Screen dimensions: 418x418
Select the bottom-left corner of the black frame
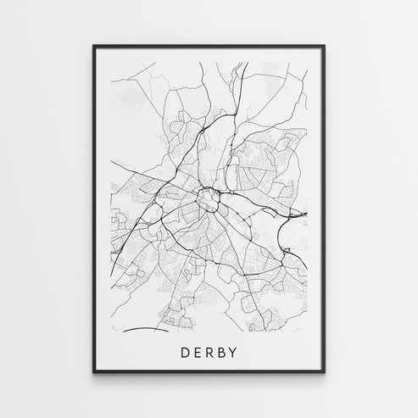[x=93, y=375]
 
